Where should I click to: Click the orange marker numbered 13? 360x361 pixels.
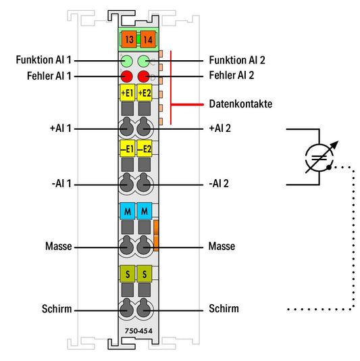(x=129, y=39)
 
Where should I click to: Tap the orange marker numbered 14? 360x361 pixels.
(x=148, y=39)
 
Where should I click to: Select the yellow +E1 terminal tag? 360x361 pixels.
(x=127, y=93)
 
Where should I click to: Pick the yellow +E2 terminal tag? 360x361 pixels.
(x=145, y=93)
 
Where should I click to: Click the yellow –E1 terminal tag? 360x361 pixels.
(x=127, y=149)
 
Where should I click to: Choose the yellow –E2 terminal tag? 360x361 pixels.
(x=145, y=149)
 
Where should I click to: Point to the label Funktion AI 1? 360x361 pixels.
(x=44, y=60)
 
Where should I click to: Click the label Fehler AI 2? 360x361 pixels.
(x=232, y=75)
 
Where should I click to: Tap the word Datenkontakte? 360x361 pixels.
(x=240, y=104)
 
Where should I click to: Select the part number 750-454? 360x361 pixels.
(x=138, y=331)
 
